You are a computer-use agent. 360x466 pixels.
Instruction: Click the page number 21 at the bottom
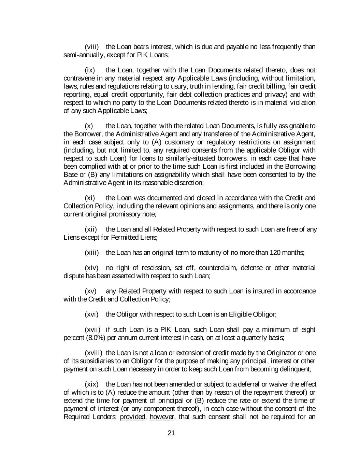pyautogui.click(x=171, y=433)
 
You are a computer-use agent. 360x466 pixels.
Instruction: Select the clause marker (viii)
pyautogui.click(x=92, y=47)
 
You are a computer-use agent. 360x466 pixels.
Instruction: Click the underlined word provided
pyautogui.click(x=133, y=417)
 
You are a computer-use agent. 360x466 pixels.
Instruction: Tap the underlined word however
pyautogui.click(x=162, y=417)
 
